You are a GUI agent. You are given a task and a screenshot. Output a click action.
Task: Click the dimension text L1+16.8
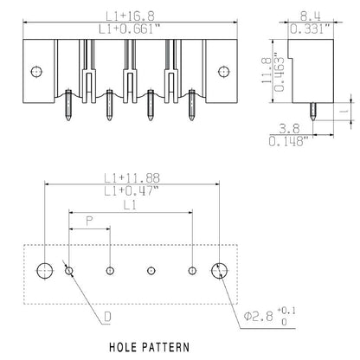tap(132, 14)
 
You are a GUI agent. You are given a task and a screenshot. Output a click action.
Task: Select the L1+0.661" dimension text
tap(132, 29)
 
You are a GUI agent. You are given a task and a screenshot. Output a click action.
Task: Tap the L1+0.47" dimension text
tap(132, 191)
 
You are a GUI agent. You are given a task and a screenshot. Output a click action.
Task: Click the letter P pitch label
tap(89, 221)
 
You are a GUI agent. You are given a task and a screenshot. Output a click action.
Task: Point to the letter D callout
tap(106, 318)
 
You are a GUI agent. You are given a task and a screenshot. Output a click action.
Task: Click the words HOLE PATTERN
tap(151, 348)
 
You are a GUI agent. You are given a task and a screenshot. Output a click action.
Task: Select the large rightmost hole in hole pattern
tap(221, 271)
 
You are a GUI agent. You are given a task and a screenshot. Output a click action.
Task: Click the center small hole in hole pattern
tap(151, 271)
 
